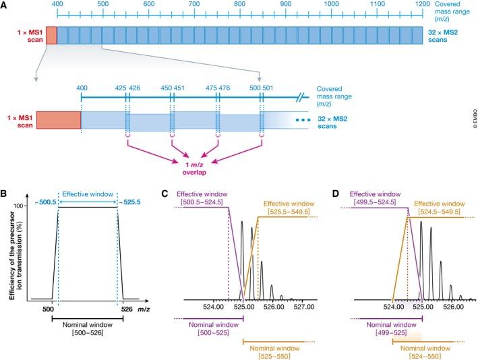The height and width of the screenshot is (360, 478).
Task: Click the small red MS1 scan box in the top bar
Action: [x=51, y=35]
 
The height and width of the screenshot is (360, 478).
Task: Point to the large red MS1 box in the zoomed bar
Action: [x=59, y=120]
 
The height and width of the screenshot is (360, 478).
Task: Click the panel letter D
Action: [x=331, y=195]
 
